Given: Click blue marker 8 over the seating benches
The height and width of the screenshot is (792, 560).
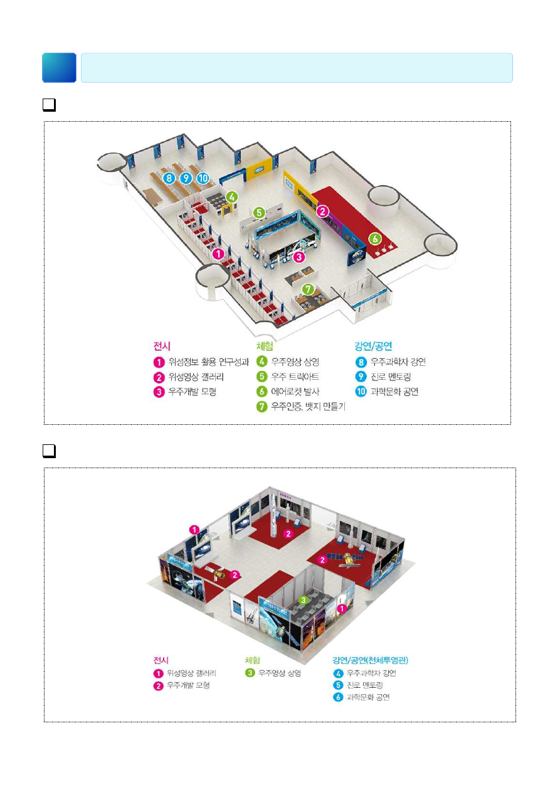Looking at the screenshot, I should tap(168, 178).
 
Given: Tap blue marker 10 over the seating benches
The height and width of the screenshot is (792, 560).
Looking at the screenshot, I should tap(202, 178).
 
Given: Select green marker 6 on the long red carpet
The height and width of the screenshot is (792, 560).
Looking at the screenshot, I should tap(375, 238).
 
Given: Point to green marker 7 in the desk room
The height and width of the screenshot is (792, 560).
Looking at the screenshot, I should tap(307, 289).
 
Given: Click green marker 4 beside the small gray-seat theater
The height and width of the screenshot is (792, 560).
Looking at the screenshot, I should tap(232, 196).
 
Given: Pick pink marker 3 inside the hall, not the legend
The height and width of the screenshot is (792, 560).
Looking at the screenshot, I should tap(300, 256).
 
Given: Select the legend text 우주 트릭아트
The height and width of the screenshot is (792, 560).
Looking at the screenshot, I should tap(295, 377).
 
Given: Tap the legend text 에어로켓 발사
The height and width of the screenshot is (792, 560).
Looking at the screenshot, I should tap(298, 392).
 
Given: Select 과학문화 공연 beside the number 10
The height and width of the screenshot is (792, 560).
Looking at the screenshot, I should tap(395, 392).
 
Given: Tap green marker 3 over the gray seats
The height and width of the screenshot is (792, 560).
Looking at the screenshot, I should tap(303, 601).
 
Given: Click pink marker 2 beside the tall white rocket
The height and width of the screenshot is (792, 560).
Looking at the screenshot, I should tap(288, 534).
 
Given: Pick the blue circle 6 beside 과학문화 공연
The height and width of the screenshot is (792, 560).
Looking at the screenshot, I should tap(338, 697).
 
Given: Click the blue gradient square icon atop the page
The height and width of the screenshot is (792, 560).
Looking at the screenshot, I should tap(60, 68).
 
